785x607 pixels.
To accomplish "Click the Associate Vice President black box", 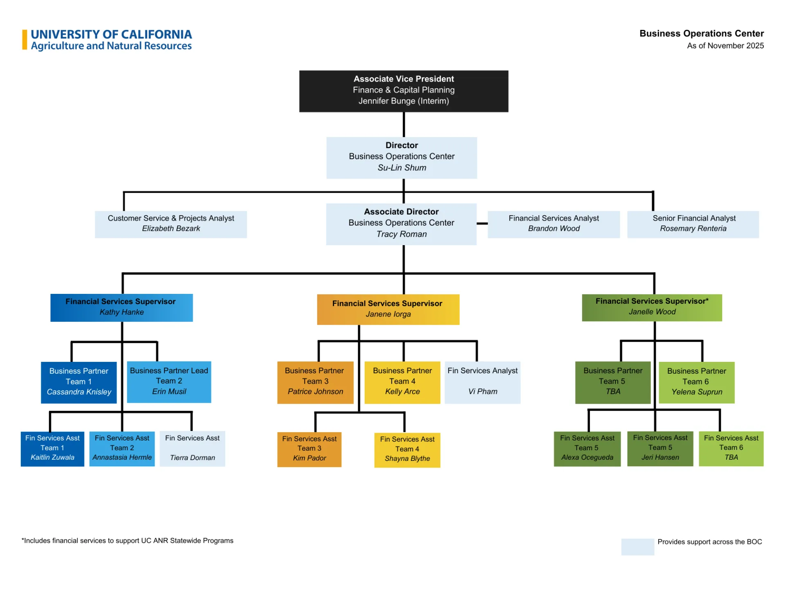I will coord(404,91).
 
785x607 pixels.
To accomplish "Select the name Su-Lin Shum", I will coord(401,168).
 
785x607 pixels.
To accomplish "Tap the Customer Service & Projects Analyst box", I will coord(171,224).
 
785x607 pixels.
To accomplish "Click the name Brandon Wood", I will coord(554,228).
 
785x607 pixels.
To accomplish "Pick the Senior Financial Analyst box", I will coord(693,224).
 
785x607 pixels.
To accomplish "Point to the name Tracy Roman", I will coord(401,234).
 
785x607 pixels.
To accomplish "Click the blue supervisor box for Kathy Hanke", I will coord(121,307).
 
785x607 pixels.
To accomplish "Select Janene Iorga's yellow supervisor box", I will coord(388,309).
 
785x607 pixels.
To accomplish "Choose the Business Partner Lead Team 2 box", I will coord(169,381).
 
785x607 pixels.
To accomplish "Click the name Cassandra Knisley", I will coord(79,392).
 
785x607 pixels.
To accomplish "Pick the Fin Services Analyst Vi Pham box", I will coord(482,382).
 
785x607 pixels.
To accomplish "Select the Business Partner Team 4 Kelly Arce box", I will coord(402,382).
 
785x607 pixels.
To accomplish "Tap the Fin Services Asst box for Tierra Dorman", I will coord(192,449).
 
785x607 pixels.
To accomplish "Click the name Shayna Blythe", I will coord(407,458).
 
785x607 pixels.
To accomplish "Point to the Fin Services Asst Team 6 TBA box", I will coord(731,448).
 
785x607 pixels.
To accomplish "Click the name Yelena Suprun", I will coord(697,392).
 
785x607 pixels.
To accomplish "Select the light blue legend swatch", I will coord(637,546).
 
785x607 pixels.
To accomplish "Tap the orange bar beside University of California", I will coord(25,40).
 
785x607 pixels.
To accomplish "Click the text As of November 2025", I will coord(725,46).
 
